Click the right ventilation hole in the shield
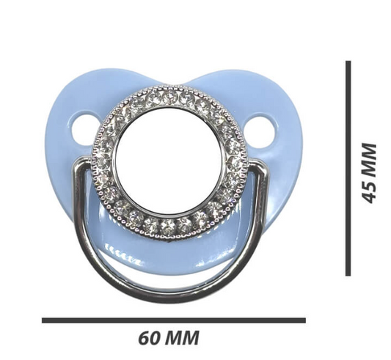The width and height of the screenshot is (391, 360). pos(260,131)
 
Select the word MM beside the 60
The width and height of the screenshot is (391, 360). pos(183,338)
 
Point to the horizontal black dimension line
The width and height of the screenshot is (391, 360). pos(174,320)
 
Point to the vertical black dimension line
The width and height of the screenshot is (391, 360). pos(348,169)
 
